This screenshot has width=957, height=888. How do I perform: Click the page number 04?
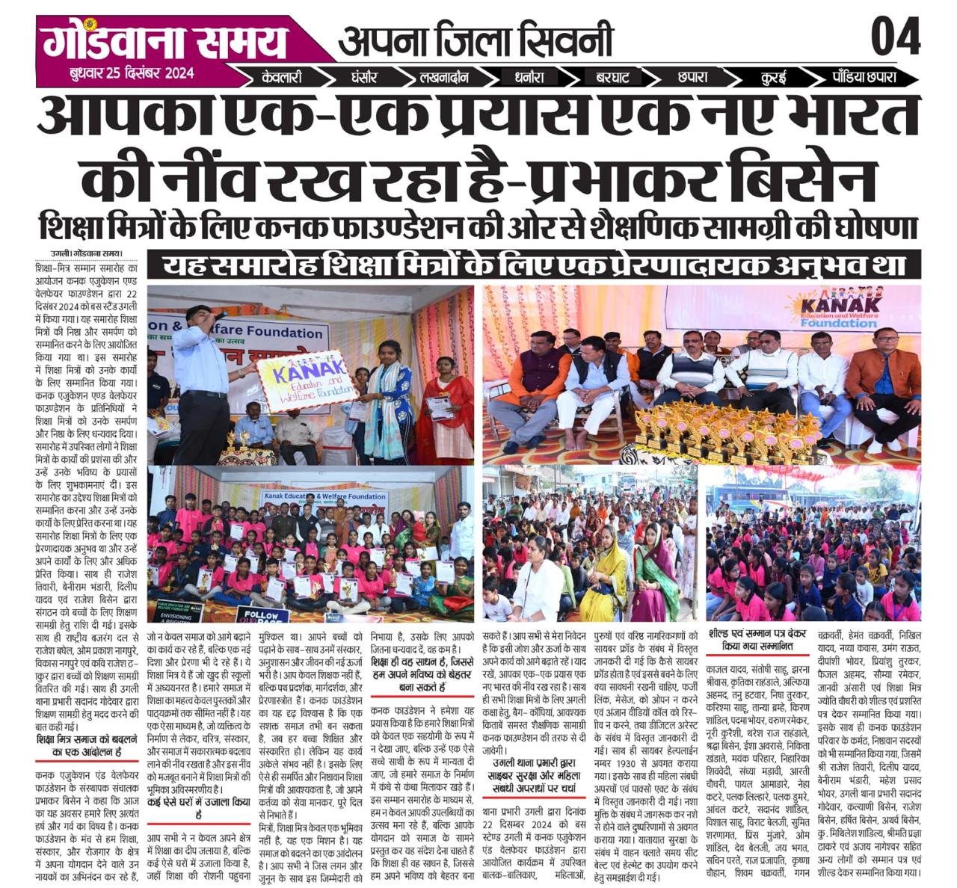[x=895, y=37]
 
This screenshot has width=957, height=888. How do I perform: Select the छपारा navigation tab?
[x=692, y=77]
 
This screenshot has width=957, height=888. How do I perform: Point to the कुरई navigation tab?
[x=773, y=77]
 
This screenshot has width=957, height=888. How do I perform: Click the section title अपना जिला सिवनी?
[x=476, y=40]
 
